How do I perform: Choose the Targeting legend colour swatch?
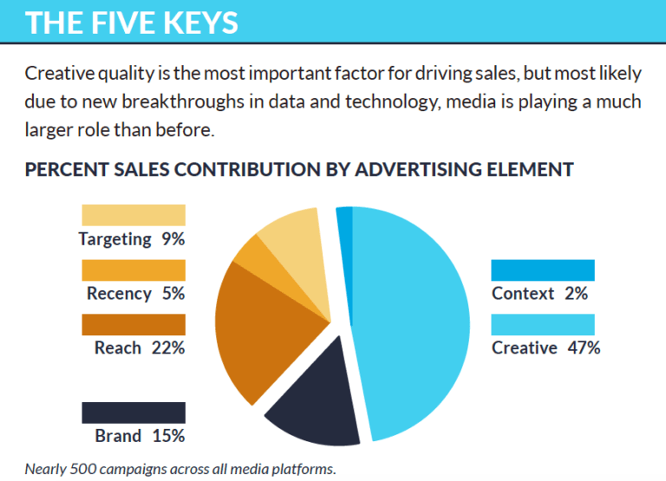coord(134,215)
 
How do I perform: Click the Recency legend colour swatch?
coord(134,270)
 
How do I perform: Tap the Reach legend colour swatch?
coord(134,324)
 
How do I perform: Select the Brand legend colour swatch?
coord(134,413)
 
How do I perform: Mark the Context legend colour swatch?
coord(543,270)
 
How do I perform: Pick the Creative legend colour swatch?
coord(543,324)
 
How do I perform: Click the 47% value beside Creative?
coord(583,348)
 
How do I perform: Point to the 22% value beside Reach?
coord(167,348)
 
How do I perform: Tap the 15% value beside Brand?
coord(167,436)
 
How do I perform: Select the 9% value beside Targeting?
coord(173,239)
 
